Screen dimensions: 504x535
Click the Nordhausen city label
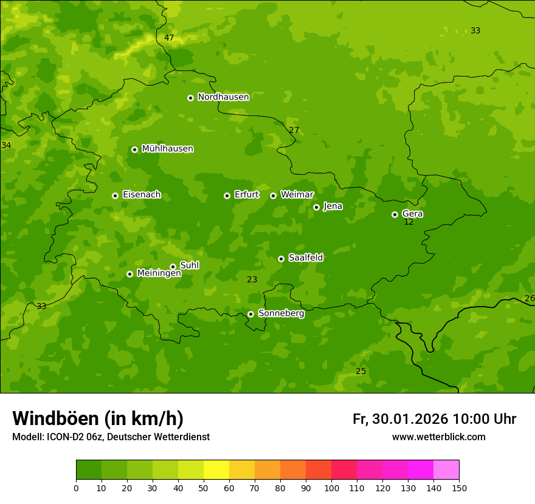pos(223,97)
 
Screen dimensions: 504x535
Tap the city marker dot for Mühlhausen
pos(134,149)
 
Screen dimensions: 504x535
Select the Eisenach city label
pos(142,195)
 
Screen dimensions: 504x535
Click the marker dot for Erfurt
pos(227,196)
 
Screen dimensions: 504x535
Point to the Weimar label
pos(297,195)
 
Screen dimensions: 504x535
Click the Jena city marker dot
pos(316,207)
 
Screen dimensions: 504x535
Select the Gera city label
pos(412,214)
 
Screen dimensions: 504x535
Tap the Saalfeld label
pos(305,258)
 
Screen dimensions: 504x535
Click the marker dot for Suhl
pos(173,267)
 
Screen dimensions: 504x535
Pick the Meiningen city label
pos(159,273)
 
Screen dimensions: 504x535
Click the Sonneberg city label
pos(281,313)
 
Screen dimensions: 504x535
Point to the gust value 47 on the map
pos(169,38)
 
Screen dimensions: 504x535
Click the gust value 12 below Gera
pos(409,222)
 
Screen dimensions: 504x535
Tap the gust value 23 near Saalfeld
pos(252,280)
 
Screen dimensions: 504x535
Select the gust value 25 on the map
pos(361,372)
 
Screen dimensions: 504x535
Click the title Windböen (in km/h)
pos(98,418)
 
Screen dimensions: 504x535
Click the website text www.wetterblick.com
pos(438,437)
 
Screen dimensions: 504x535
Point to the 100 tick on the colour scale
pos(331,488)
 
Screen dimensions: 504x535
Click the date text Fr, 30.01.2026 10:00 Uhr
pos(434,419)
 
